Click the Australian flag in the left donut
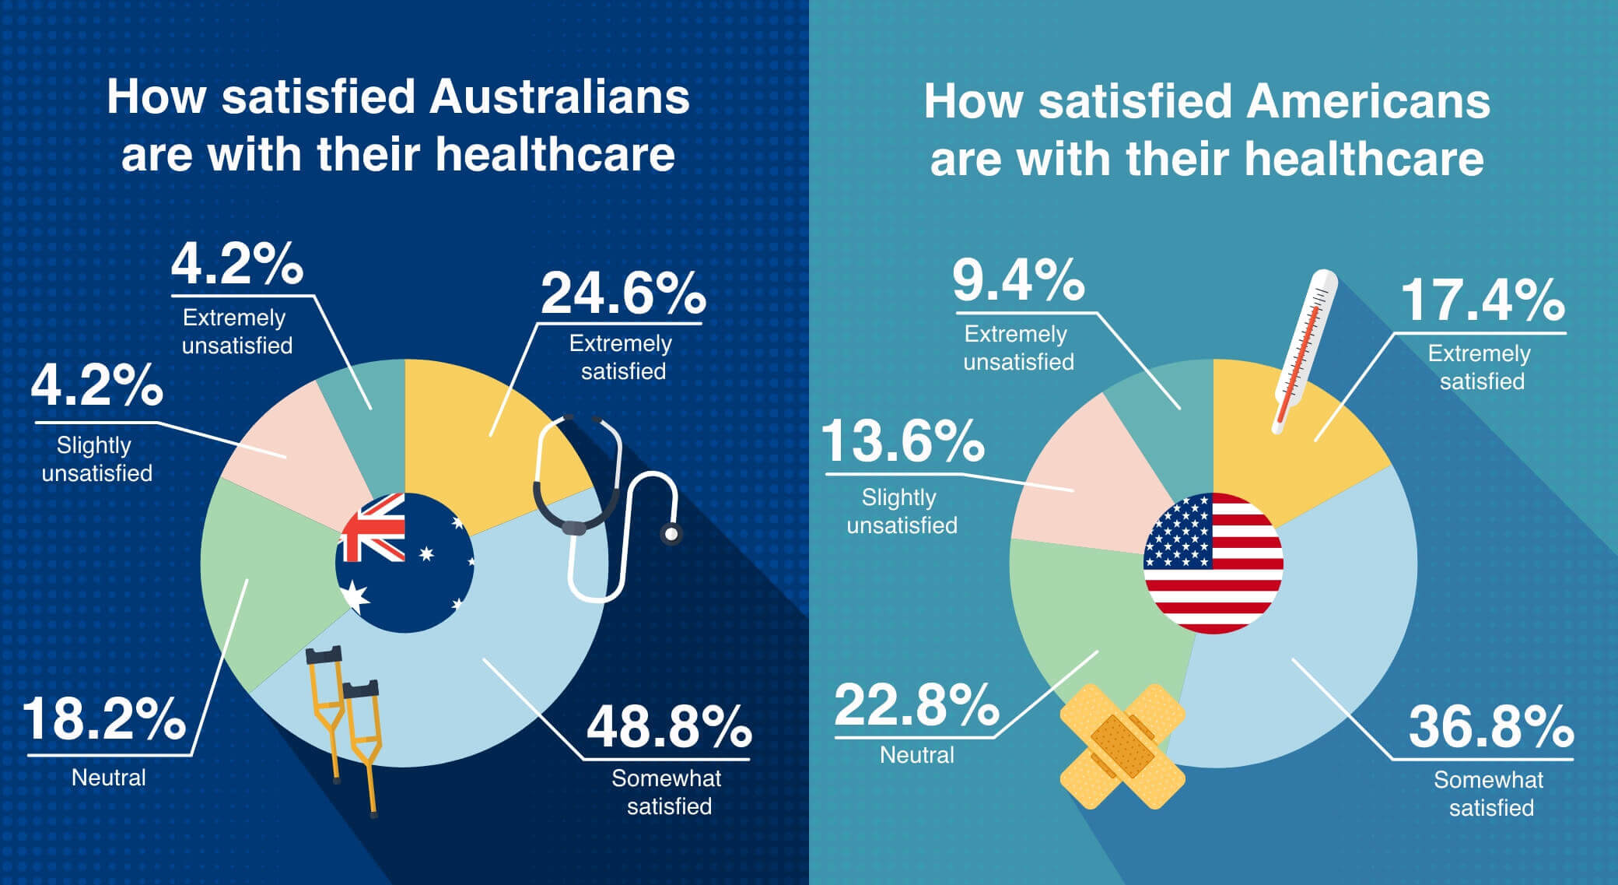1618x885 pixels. [404, 562]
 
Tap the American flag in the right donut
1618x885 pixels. [1213, 562]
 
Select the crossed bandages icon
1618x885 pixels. [1122, 746]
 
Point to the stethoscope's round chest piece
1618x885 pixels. [669, 534]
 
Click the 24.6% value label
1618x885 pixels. [622, 294]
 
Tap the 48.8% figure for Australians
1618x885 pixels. [668, 727]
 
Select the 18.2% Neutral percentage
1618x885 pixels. [104, 719]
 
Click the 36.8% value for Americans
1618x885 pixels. [1490, 727]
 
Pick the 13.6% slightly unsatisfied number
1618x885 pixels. [902, 441]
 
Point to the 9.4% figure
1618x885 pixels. [1017, 280]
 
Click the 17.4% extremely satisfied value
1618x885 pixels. [1482, 300]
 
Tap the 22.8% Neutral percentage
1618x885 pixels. [916, 705]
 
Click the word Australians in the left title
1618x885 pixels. [559, 97]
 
